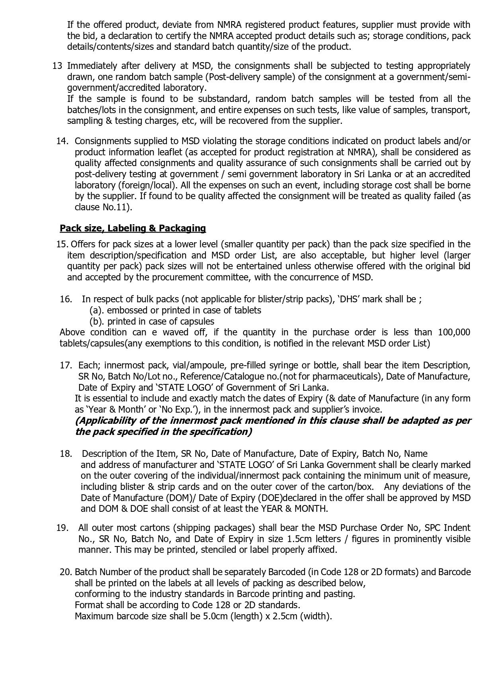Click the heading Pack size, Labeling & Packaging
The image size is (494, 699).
pyautogui.click(x=133, y=228)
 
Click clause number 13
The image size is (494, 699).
pyautogui.click(x=57, y=66)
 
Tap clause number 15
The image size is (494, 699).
pyautogui.click(x=62, y=244)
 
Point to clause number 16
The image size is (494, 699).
pyautogui.click(x=66, y=299)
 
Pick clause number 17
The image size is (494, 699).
pyautogui.click(x=66, y=365)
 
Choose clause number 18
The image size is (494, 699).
pyautogui.click(x=66, y=454)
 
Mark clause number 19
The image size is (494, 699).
pyautogui.click(x=62, y=528)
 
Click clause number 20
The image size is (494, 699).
pyautogui.click(x=65, y=572)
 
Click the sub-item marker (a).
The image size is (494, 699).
pyautogui.click(x=97, y=310)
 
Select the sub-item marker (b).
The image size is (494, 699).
pyautogui.click(x=97, y=321)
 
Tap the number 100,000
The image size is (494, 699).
pyautogui.click(x=454, y=332)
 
